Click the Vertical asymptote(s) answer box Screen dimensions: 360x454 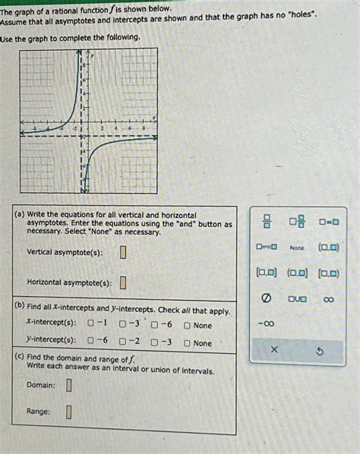123,252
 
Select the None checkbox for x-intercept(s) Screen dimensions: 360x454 187,326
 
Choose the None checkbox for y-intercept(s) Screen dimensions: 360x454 187,343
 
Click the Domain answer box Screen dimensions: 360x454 68,385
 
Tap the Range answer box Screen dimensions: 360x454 68,412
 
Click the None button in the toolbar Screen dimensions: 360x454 297,247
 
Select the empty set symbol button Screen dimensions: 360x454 266,300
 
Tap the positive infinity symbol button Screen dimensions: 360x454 328,300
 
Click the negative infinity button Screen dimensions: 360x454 266,325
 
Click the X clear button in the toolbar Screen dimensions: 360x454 274,350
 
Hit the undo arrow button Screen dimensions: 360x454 320,350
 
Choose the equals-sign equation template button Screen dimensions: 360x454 328,222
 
